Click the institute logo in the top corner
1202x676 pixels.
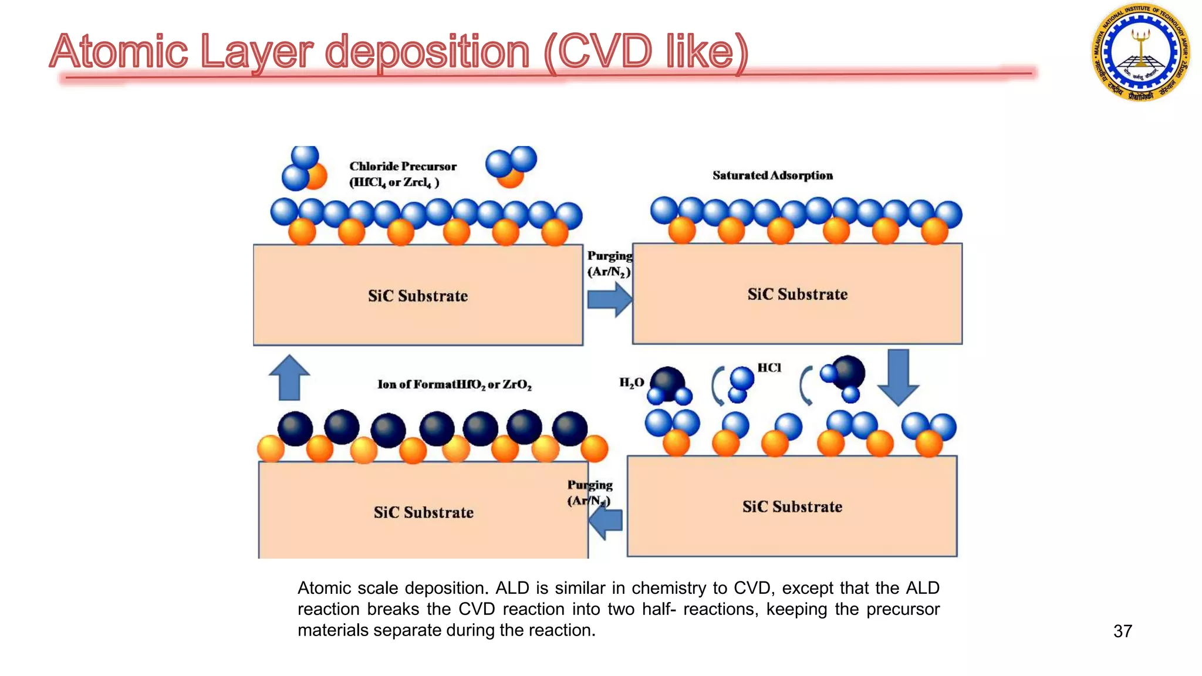coord(1140,52)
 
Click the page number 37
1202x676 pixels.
coord(1122,631)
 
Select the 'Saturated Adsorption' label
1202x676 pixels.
coord(772,175)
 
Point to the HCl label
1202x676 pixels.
coord(769,368)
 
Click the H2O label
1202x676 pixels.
coord(632,383)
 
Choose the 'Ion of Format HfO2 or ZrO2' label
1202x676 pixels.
coord(454,384)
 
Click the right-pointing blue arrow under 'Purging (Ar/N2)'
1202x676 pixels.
coord(609,300)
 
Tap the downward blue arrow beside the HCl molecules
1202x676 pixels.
coord(898,377)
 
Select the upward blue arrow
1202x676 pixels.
coord(289,378)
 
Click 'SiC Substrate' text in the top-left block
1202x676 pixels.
coord(418,296)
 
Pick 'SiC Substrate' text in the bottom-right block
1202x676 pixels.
coord(792,506)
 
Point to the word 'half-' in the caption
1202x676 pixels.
coord(659,609)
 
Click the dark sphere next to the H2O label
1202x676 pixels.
coord(667,383)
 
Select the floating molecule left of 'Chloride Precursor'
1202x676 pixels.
coord(305,170)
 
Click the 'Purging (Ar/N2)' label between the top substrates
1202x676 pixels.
coord(609,263)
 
